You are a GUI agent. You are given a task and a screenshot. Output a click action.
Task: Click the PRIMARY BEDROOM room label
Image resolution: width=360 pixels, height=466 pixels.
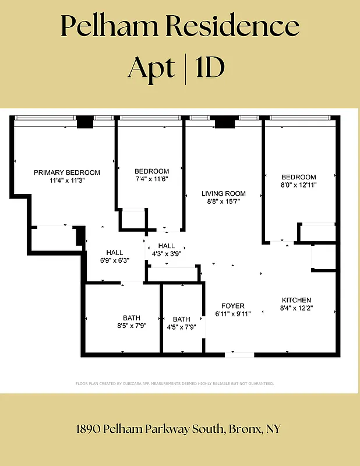tap(67, 172)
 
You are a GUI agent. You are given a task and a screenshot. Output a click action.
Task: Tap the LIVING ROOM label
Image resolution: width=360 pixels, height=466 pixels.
tap(224, 193)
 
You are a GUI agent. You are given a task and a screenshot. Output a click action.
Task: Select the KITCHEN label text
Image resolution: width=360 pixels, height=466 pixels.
tap(297, 300)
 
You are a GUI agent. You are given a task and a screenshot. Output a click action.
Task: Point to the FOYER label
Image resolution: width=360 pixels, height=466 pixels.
tap(233, 306)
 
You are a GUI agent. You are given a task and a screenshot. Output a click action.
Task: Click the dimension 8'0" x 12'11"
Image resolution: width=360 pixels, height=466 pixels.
tap(299, 185)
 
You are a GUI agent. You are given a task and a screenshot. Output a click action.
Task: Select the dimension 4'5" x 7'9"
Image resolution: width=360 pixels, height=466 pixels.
tap(182, 327)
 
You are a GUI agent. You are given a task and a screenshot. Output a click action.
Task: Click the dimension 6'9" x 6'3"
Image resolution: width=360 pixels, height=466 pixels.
tap(115, 260)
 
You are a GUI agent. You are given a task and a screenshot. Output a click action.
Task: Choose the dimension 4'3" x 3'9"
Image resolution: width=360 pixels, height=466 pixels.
tap(166, 254)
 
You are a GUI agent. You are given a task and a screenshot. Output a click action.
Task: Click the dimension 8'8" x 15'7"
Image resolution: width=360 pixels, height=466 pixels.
tap(224, 202)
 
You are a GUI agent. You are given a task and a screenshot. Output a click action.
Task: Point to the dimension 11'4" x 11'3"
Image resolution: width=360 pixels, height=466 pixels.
tap(67, 181)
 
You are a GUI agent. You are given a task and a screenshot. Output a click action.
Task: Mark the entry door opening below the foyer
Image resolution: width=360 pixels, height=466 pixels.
tap(239, 354)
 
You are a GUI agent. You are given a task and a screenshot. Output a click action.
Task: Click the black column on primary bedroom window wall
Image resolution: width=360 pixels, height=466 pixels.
tap(85, 122)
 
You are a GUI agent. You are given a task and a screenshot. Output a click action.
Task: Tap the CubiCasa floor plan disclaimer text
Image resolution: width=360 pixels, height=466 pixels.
tap(175, 383)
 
